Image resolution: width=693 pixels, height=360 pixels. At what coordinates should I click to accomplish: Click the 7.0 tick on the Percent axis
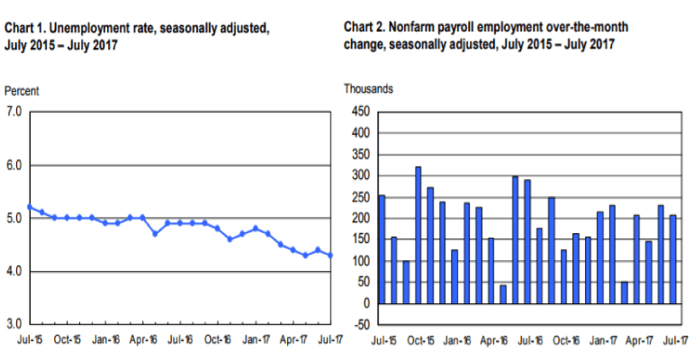(x=14, y=112)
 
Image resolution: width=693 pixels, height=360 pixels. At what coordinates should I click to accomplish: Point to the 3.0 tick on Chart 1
(x=14, y=323)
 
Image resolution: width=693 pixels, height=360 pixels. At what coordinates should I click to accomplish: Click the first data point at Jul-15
(x=30, y=207)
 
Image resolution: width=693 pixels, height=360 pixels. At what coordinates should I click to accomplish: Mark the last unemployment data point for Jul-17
(x=331, y=256)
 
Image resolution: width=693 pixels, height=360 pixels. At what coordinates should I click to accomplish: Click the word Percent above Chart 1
(x=22, y=92)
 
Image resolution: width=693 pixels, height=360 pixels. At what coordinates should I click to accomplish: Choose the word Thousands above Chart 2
(x=368, y=89)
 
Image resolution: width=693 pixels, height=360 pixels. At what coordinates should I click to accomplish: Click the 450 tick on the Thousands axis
(x=360, y=112)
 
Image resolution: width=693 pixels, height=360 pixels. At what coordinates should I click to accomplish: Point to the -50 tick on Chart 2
(x=360, y=325)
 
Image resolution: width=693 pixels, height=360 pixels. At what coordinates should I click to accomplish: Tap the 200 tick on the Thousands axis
(x=360, y=219)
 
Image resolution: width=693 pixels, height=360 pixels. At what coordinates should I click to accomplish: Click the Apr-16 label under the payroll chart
(x=493, y=340)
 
